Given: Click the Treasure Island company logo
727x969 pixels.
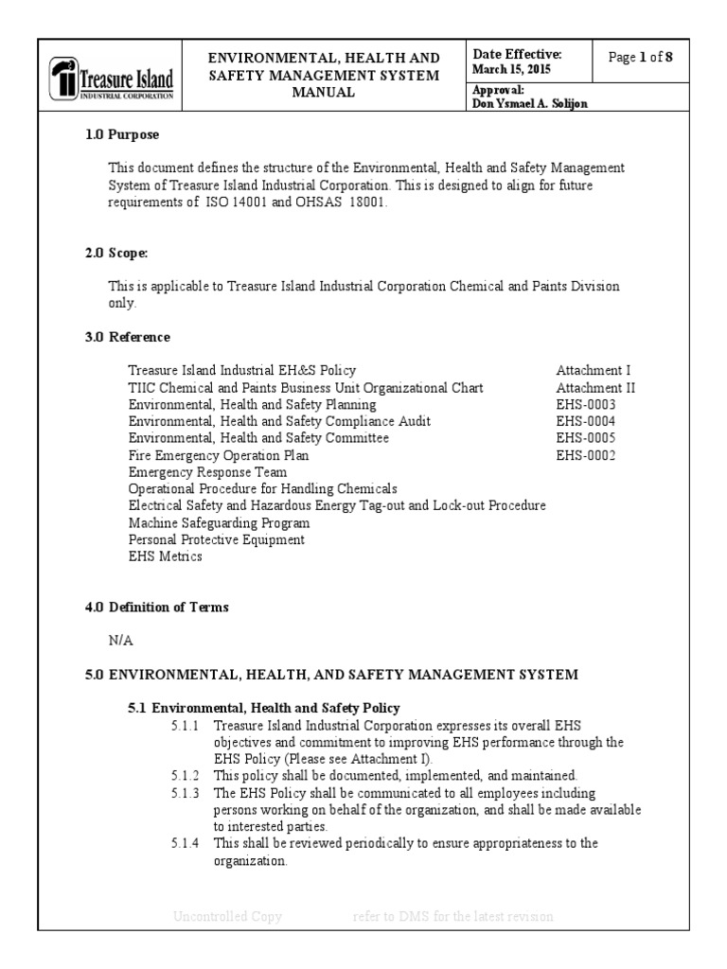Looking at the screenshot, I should point(113,79).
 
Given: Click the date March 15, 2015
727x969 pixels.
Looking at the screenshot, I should point(511,70).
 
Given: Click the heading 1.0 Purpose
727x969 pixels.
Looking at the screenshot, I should point(122,135).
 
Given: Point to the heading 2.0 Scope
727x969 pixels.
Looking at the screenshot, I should point(117,254).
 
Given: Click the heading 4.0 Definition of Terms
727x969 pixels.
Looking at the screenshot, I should point(156,608).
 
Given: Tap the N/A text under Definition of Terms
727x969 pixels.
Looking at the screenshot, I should point(121,641).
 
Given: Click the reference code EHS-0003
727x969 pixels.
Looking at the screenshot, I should point(585,404).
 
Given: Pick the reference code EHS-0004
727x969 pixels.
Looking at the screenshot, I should point(585,421).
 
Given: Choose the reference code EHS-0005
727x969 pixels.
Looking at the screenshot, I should point(585,438).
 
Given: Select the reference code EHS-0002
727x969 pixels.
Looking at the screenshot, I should point(585,455).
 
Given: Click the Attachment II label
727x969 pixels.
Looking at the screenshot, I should point(595,387).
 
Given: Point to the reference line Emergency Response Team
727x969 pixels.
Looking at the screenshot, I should point(207,472).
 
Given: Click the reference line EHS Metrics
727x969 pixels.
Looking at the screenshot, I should point(165,557).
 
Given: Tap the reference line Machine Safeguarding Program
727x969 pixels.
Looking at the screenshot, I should point(219,523).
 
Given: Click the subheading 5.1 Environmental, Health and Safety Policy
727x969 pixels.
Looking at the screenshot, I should point(264,708).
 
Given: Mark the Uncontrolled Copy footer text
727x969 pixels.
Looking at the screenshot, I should point(227,916).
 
